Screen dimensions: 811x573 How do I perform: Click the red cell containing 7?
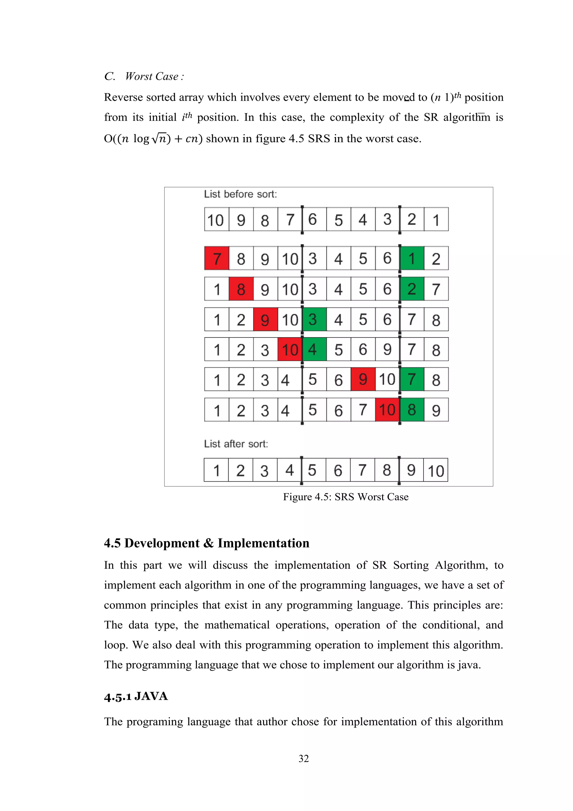(217, 258)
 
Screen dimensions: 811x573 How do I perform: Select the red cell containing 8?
(241, 289)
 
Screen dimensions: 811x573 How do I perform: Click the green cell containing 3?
(314, 319)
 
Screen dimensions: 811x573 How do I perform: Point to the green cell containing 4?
(314, 349)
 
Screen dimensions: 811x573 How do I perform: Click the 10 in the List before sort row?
(216, 220)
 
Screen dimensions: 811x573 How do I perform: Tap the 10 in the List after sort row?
(436, 470)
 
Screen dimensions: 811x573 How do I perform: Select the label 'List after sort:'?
(236, 444)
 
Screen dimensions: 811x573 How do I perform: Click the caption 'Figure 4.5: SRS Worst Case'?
(346, 497)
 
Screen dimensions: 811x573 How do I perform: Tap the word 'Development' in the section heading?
(162, 543)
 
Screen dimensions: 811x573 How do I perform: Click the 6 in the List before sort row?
(313, 220)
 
